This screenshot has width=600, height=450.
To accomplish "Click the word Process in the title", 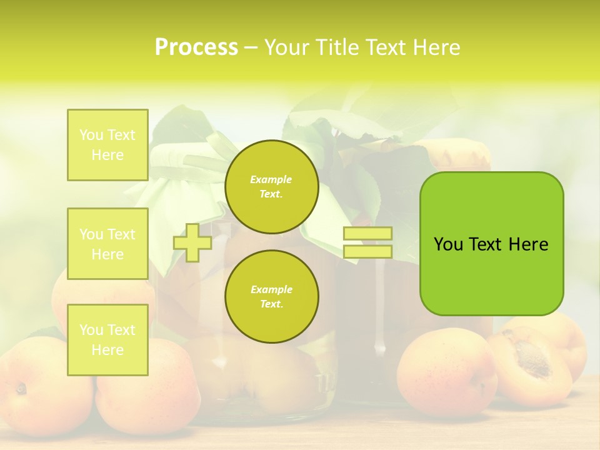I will point(196,47).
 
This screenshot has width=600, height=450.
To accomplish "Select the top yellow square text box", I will point(107,145).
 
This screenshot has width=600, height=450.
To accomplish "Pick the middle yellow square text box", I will point(107,244).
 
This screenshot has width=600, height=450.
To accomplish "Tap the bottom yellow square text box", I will point(107,340).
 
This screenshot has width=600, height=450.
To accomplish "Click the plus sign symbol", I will point(192,242).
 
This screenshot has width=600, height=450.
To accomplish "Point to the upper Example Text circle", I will point(271,187).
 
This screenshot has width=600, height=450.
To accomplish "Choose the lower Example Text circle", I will point(271,297).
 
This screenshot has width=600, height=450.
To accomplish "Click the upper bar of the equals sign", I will point(367,234).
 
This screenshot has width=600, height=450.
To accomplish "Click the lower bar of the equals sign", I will point(367,252).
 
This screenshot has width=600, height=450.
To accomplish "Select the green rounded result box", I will point(491,244).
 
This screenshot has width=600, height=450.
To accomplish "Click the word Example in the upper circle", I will point(271,179).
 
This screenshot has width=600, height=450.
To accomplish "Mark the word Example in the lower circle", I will point(271,289).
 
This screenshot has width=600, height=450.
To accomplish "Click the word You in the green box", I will point(447,244).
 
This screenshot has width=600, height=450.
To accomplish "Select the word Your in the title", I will point(286,47).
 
